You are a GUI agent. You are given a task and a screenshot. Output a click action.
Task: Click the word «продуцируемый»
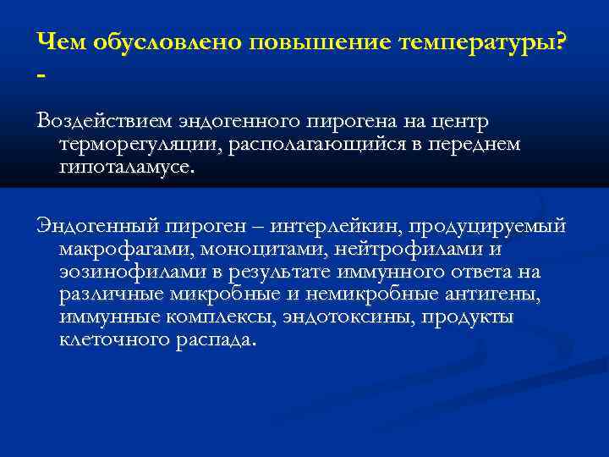[498, 228]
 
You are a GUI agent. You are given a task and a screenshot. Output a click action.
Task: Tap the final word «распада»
[219, 340]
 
